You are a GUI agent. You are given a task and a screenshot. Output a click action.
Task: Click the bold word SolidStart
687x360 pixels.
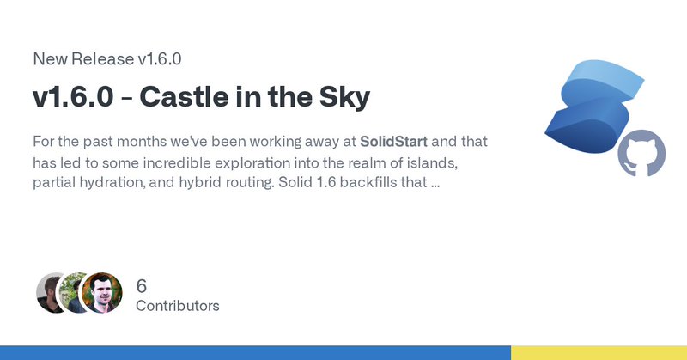[393, 142]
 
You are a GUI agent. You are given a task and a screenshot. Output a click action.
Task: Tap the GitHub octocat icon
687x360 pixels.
[641, 153]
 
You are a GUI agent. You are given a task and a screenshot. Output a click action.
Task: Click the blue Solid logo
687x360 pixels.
[593, 107]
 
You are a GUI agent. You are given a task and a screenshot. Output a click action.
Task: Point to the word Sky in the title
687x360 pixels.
[344, 98]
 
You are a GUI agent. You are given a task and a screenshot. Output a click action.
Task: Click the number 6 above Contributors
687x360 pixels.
[141, 286]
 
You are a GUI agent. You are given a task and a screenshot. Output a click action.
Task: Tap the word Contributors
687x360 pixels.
[178, 306]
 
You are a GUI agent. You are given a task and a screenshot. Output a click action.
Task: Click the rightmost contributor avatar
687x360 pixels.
[101, 293]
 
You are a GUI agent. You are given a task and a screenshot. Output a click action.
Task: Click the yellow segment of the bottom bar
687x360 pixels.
[599, 352]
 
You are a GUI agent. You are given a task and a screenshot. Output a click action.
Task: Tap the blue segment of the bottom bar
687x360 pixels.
[255, 352]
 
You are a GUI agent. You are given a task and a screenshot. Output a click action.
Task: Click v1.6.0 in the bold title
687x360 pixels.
[73, 97]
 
